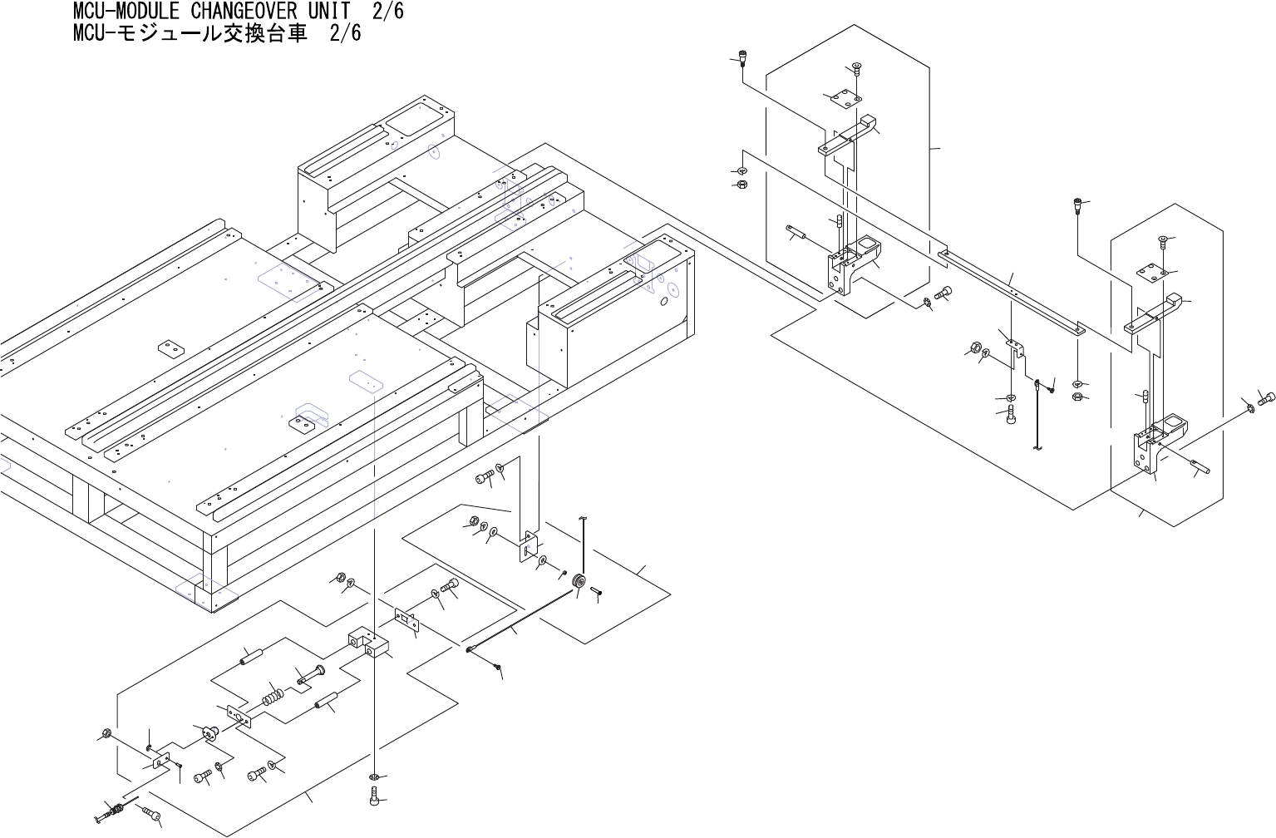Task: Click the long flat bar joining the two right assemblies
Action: point(1010,291)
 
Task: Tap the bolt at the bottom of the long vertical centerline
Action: point(375,798)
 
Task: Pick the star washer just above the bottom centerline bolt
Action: point(375,777)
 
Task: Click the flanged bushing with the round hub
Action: point(208,732)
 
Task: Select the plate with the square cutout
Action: point(530,549)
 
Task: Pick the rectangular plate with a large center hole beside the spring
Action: point(239,717)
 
